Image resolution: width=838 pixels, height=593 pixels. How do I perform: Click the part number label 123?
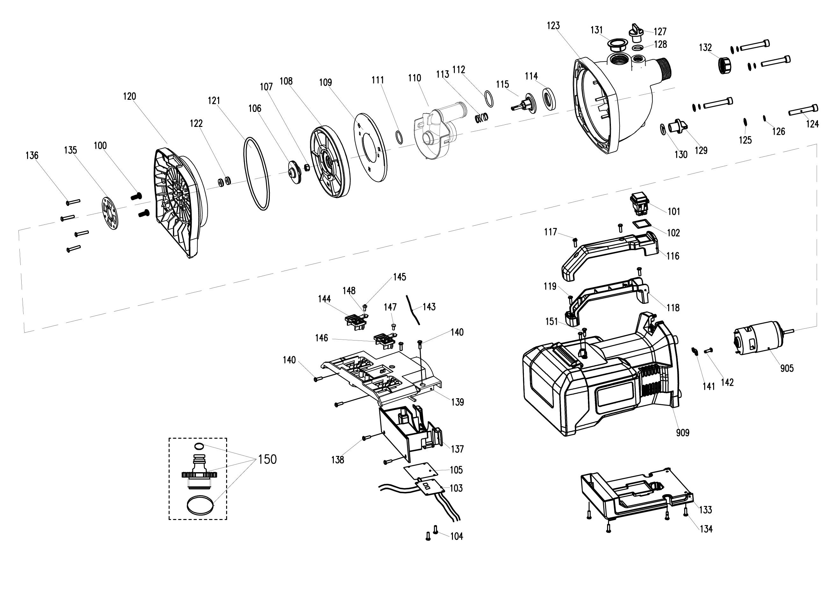[553, 26]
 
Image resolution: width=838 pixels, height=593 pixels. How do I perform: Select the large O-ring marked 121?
[257, 173]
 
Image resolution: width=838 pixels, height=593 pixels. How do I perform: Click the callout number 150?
[267, 459]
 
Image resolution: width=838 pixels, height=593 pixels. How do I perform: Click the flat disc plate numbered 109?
[370, 147]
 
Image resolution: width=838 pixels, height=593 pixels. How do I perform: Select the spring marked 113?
[481, 118]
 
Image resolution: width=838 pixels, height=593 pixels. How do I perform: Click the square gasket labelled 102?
[642, 224]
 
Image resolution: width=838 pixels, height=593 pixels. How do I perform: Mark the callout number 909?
[682, 433]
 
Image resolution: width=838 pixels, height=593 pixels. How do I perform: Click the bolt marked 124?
[803, 110]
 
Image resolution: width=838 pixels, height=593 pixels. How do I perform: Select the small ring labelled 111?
[400, 137]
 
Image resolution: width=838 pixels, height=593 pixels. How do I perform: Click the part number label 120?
[130, 97]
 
